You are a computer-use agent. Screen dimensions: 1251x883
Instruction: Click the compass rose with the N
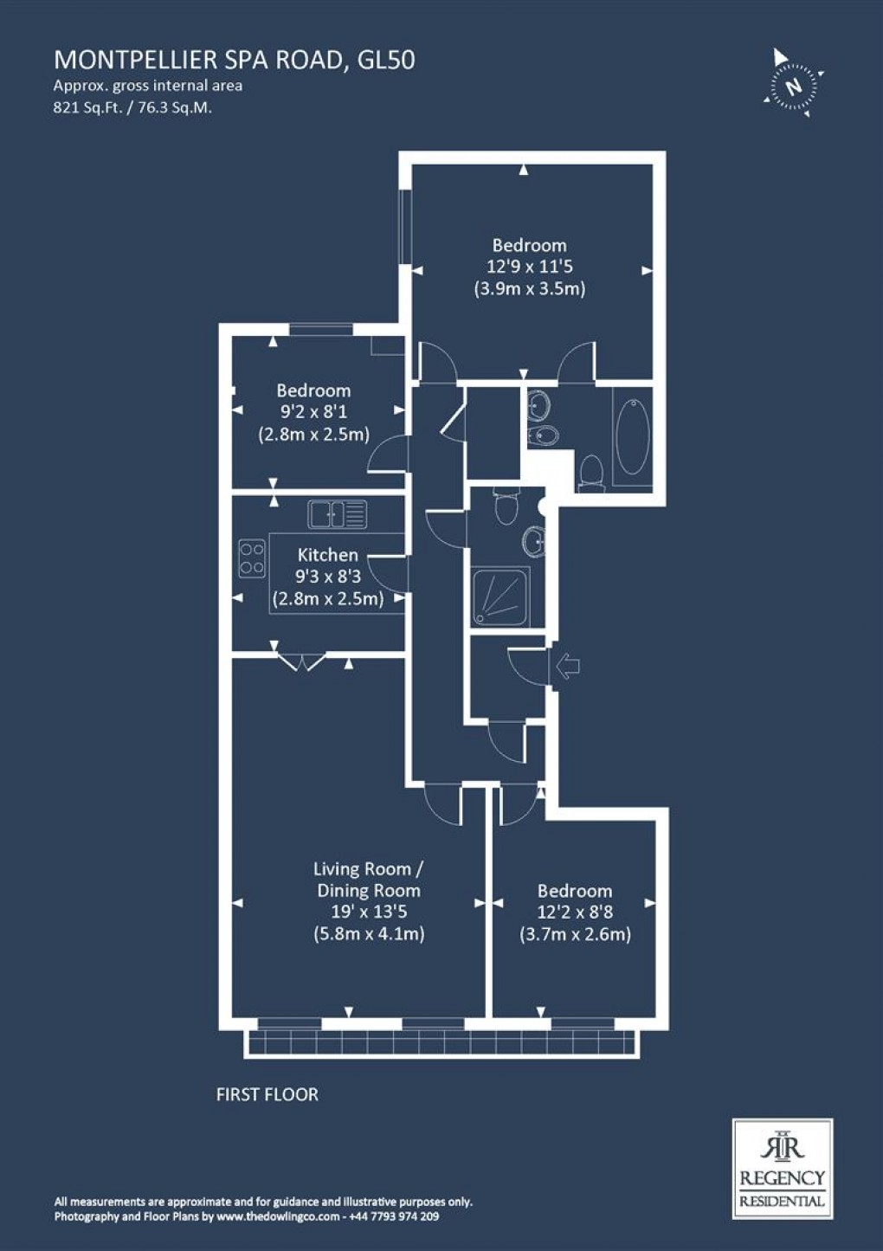791,84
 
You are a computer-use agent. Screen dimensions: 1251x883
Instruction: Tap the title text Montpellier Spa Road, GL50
234,59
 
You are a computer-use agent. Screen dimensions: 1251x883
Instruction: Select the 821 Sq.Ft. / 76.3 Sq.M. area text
132,108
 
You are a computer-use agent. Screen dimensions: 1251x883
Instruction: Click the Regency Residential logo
782,1168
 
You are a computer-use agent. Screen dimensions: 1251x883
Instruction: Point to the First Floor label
267,1094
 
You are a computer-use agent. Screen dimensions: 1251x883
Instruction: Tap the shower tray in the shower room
500,597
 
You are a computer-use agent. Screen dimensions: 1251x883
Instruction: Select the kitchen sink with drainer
337,514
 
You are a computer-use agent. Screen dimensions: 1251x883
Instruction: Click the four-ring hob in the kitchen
252,558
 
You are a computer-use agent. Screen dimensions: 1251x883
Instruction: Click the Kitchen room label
327,555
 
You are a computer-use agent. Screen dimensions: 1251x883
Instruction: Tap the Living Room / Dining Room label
369,879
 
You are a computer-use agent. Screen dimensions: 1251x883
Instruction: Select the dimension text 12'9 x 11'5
529,268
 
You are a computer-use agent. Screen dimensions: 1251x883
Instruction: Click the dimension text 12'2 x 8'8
575,912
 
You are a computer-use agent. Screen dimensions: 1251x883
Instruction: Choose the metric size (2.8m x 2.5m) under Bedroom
313,435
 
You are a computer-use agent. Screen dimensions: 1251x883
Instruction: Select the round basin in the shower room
533,542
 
